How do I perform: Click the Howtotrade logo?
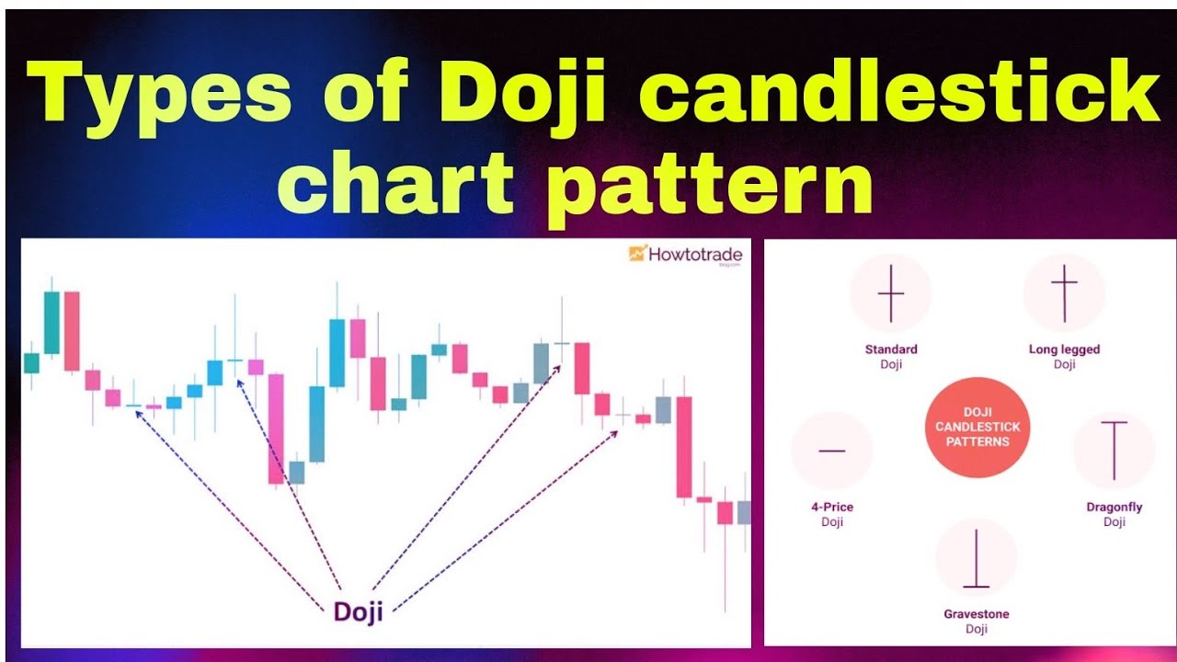coord(685,254)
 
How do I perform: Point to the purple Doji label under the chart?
coord(358,611)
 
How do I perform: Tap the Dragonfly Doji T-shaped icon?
coord(1114,451)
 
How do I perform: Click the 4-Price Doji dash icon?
coord(831,451)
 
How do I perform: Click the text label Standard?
coord(891,349)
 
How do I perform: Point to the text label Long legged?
coord(1064,349)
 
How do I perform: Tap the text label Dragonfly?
coord(1114,507)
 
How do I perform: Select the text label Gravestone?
coord(976,614)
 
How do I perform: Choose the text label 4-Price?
coord(831,507)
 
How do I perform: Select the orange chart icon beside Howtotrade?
coord(637,253)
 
